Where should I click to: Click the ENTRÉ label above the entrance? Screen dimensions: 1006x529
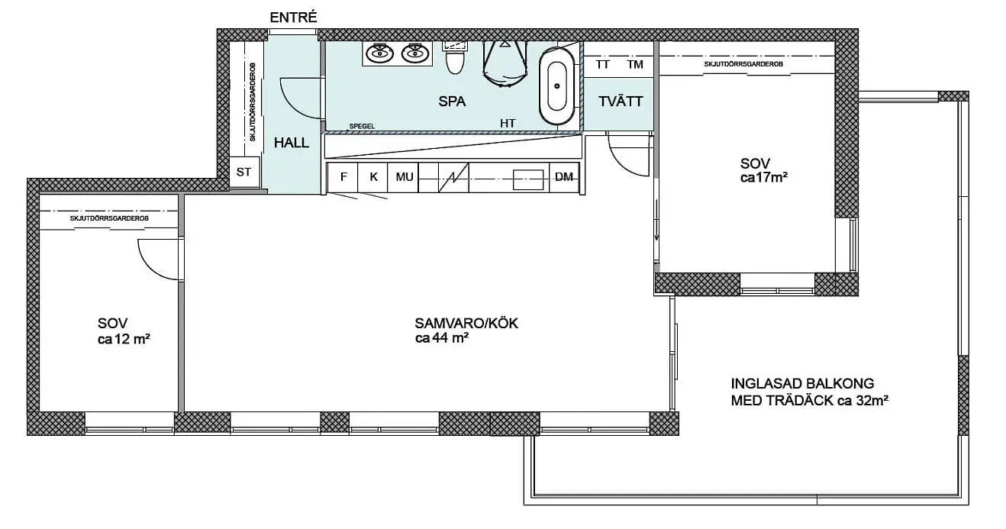[x=293, y=18]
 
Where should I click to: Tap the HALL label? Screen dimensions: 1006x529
[x=292, y=143]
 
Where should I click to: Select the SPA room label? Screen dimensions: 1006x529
[x=452, y=102]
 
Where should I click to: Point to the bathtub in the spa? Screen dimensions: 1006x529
[x=557, y=86]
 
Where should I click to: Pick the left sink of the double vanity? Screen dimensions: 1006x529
[x=380, y=54]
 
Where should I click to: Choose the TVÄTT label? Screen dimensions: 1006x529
[x=621, y=102]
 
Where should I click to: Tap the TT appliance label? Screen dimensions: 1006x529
[x=602, y=65]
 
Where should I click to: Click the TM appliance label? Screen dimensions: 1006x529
[x=635, y=65]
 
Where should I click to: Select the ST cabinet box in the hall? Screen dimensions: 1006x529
[x=244, y=172]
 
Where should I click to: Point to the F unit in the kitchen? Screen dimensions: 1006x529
[x=343, y=177]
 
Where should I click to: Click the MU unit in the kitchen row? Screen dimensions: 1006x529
[x=404, y=177]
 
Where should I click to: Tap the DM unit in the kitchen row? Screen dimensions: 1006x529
[x=564, y=177]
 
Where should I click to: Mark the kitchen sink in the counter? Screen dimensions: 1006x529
[x=528, y=179]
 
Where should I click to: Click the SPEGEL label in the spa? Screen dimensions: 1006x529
[x=362, y=126]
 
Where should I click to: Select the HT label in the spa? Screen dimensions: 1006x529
[x=508, y=123]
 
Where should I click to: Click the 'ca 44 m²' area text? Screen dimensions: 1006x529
[x=442, y=338]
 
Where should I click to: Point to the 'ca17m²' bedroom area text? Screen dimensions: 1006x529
[x=764, y=178]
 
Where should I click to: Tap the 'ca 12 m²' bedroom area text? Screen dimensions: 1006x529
[x=124, y=339]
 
